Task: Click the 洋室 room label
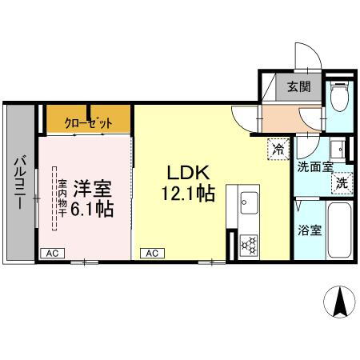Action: pos(92,190)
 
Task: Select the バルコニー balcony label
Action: pos(18,183)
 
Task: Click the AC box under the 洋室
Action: pos(52,253)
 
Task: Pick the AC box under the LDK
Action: pos(151,253)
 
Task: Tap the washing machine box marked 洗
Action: pos(341,182)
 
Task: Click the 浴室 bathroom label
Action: pos(309,230)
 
